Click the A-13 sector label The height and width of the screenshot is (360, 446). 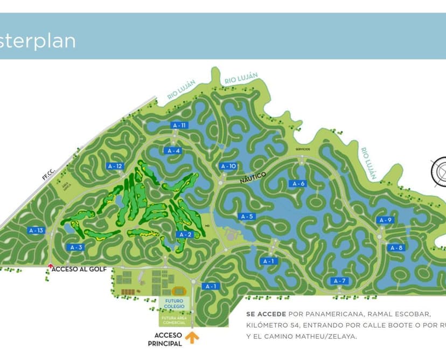36,231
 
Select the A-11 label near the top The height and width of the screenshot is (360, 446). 180,125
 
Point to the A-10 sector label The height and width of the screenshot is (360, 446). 228,166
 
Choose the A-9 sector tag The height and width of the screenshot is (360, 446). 386,220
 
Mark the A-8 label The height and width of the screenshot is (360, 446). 396,248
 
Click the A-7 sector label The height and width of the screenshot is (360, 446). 339,281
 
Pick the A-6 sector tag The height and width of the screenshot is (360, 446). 297,184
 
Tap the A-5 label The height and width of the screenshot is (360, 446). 247,216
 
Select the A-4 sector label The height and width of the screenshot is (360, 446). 173,151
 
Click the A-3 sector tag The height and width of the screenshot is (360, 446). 76,247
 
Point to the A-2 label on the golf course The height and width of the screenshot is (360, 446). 184,234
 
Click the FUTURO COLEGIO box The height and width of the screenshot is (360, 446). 175,304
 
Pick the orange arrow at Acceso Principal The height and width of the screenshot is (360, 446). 192,338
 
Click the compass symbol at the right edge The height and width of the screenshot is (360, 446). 440,171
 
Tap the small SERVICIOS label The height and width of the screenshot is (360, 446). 303,149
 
